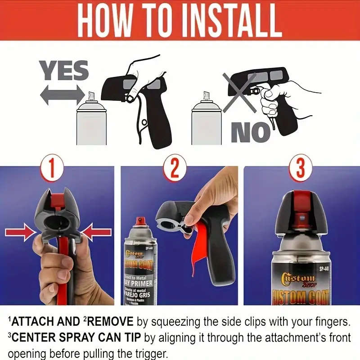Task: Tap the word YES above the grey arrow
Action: [x=64, y=71]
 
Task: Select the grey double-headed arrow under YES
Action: [x=62, y=95]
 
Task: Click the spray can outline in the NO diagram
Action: [x=207, y=121]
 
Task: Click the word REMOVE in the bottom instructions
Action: [x=110, y=321]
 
